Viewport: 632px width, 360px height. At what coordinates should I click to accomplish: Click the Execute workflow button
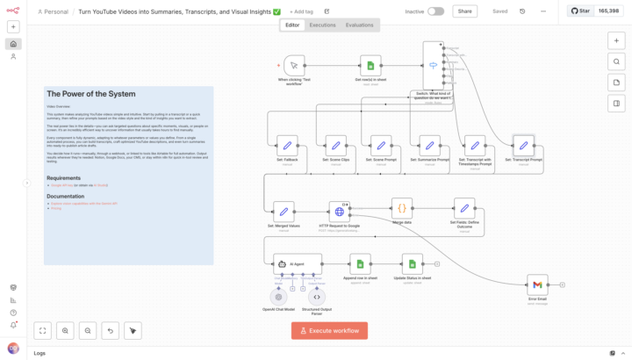coord(329,330)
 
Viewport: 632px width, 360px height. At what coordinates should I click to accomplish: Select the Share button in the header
coord(464,11)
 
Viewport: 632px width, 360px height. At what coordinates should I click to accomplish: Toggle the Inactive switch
coord(435,11)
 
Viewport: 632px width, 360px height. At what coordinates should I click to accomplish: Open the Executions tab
coord(322,25)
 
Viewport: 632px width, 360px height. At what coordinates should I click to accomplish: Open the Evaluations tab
coord(359,25)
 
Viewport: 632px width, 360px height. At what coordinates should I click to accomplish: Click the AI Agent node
coord(298,263)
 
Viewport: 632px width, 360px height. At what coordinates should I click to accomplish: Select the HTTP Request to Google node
coord(340,211)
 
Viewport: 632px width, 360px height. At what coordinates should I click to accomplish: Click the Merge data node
coord(401,209)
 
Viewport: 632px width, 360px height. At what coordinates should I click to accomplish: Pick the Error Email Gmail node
coord(537,284)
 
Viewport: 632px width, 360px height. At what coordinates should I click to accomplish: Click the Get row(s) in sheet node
coord(370,66)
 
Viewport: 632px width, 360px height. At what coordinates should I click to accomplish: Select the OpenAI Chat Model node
coord(279,297)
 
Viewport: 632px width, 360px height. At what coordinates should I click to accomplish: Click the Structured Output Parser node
coord(315,297)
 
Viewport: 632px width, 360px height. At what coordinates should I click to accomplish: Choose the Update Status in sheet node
coord(412,263)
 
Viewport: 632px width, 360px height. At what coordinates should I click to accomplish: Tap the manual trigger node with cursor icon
coord(294,66)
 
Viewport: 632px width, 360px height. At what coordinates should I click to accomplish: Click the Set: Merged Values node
coord(284,211)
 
